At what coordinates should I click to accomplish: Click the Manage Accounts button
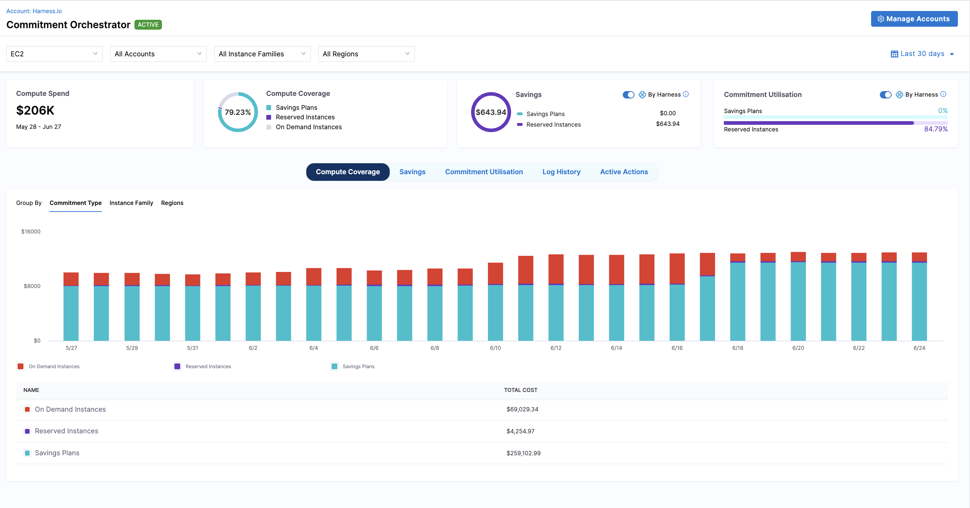pos(914,19)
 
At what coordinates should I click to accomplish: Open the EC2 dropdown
pos(54,54)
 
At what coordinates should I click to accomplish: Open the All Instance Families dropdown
pos(262,54)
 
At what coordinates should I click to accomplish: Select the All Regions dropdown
pos(366,54)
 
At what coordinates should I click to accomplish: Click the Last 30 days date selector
pos(922,54)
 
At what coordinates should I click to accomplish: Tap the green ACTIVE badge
pos(148,25)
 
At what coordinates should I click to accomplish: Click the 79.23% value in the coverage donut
pos(238,112)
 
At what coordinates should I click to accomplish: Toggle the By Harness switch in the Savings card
pos(628,95)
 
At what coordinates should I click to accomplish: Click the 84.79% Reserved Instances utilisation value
pos(935,129)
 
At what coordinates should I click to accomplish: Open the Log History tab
pos(561,172)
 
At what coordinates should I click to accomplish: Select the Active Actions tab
pos(623,172)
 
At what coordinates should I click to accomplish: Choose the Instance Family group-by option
pos(131,203)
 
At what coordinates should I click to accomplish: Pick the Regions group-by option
pos(172,203)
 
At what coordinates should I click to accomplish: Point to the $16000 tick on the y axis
pos(31,231)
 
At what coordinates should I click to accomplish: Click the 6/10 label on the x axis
pos(495,348)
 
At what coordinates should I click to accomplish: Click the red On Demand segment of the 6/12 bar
pos(556,269)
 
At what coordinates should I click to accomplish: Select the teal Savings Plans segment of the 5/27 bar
pos(71,313)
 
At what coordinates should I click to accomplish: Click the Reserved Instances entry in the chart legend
pos(208,366)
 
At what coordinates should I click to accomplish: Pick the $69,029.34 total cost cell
pos(522,410)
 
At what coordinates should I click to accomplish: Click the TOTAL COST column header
pos(521,390)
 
